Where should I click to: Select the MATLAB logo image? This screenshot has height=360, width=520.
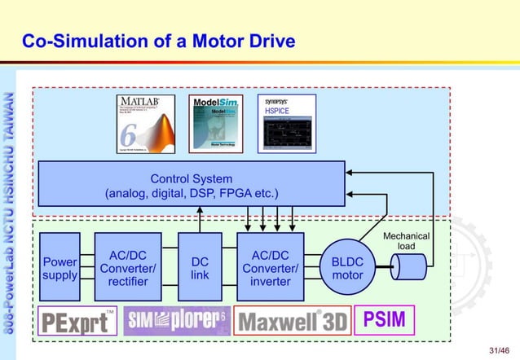point(145,124)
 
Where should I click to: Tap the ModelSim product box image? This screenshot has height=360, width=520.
point(214,124)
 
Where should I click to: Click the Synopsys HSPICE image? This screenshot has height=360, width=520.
point(286,124)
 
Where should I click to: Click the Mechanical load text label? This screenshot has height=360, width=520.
point(406,241)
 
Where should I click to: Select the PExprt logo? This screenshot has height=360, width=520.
point(77,321)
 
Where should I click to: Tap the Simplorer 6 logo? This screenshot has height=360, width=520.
point(176,321)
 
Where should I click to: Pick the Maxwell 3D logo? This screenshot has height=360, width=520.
point(291,321)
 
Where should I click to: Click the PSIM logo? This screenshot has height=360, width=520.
point(384,319)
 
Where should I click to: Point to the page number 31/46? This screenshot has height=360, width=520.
point(499,349)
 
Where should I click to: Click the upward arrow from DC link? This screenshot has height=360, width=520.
point(200,219)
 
